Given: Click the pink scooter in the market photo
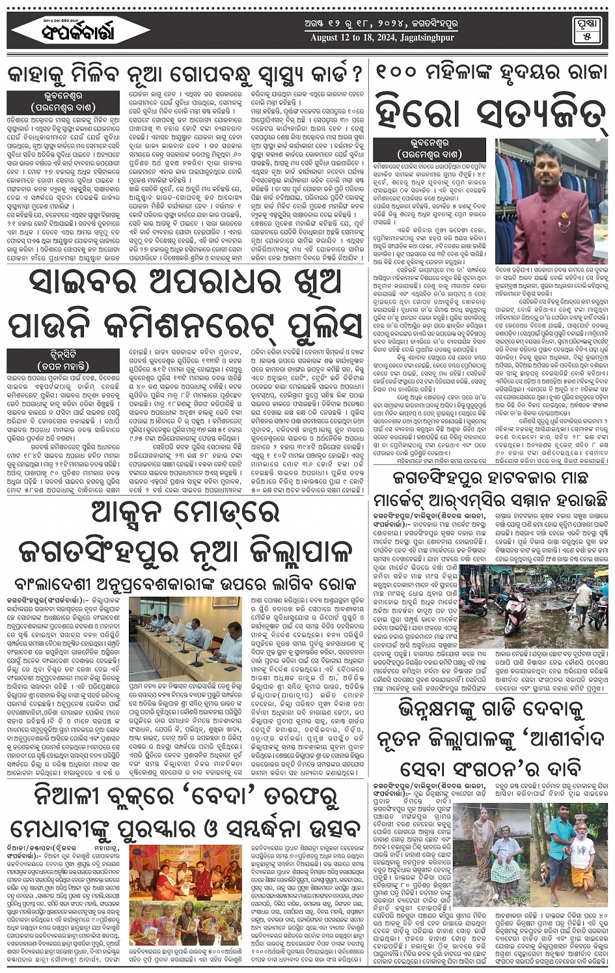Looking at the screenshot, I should [x=515, y=612].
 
